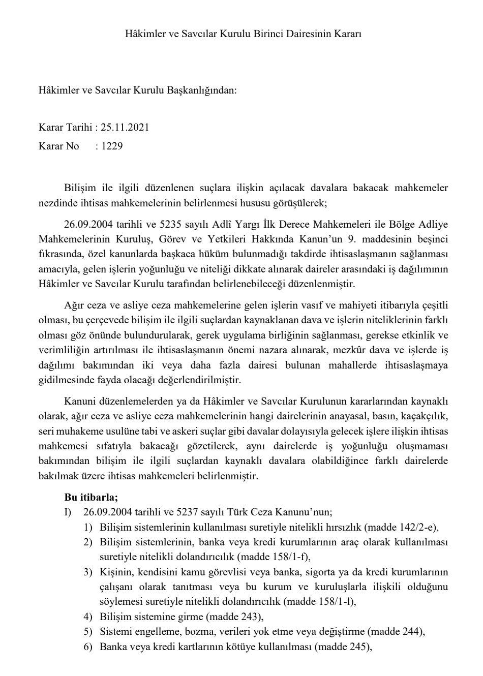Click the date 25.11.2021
pos(125,127)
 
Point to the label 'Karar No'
pos(58,146)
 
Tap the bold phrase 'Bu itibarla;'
pos(91,497)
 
